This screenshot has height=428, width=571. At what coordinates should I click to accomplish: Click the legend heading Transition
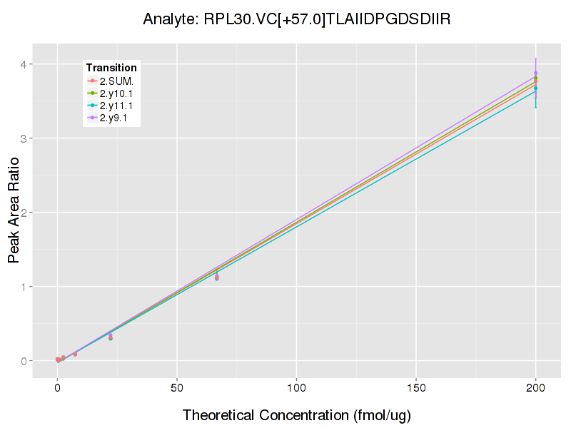[x=111, y=67]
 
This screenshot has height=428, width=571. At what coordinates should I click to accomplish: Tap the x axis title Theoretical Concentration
[x=297, y=415]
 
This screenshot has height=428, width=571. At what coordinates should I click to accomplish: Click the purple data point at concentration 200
[x=535, y=73]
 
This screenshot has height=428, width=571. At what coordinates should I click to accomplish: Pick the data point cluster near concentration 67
[x=217, y=277]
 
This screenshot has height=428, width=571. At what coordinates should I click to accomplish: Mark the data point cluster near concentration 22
[x=111, y=337]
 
